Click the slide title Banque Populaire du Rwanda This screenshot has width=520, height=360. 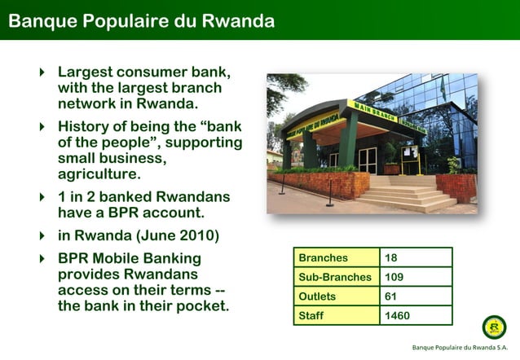[x=141, y=20]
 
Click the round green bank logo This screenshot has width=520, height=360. [x=494, y=327]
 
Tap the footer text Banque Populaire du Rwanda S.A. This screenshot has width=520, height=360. [x=461, y=349]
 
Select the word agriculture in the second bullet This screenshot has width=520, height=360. [x=99, y=174]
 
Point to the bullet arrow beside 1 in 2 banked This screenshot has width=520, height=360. [x=42, y=198]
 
